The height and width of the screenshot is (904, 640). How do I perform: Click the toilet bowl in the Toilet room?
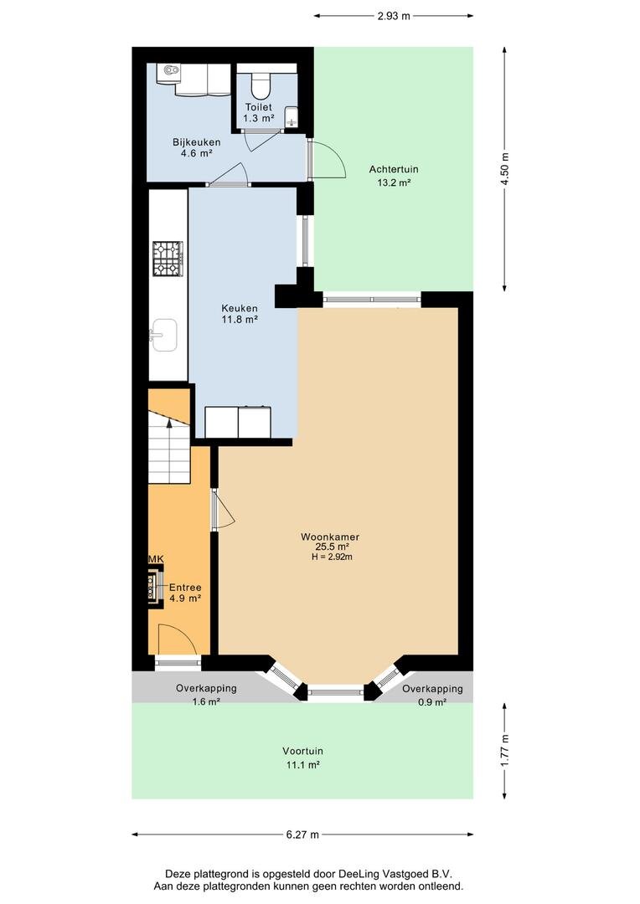pyautogui.click(x=261, y=85)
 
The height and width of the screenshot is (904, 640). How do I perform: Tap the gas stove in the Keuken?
pyautogui.click(x=168, y=259)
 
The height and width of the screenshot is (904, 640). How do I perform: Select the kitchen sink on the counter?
pyautogui.click(x=164, y=335)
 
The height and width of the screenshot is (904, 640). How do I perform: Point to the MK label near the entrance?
pyautogui.click(x=156, y=558)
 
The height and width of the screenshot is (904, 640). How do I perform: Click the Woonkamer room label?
pyautogui.click(x=330, y=537)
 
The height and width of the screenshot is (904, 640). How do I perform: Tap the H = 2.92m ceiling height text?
pyautogui.click(x=331, y=557)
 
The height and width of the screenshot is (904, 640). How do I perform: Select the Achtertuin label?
pyautogui.click(x=394, y=169)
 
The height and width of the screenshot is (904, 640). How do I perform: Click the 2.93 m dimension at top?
pyautogui.click(x=394, y=16)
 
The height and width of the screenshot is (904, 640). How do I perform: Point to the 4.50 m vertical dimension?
pyautogui.click(x=505, y=169)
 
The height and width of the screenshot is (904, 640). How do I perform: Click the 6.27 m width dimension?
pyautogui.click(x=302, y=835)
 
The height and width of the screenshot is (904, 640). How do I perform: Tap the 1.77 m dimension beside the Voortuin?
pyautogui.click(x=505, y=750)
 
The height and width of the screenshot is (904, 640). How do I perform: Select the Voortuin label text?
pyautogui.click(x=302, y=751)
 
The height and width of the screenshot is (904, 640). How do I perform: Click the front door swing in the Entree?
pyautogui.click(x=177, y=640)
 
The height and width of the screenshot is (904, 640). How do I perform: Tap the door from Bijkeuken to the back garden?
pyautogui.click(x=327, y=159)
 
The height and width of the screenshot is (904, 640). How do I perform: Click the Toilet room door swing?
pyautogui.click(x=257, y=140)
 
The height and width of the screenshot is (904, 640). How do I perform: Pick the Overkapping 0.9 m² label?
pyautogui.click(x=432, y=696)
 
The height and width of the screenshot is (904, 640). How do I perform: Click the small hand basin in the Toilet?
pyautogui.click(x=292, y=116)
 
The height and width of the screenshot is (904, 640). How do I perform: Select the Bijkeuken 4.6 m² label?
pyautogui.click(x=196, y=147)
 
